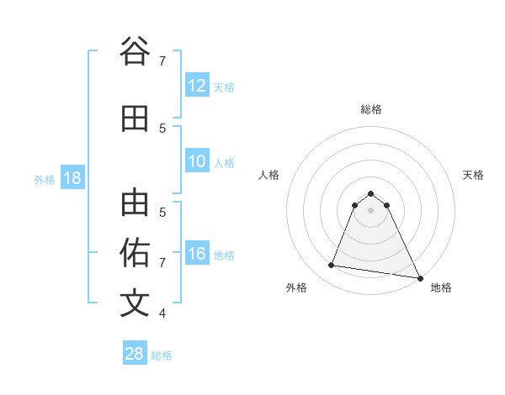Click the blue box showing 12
tap(197, 86)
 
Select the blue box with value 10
tap(197, 162)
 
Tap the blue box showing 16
tap(197, 255)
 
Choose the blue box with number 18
tap(72, 178)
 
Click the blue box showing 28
tap(135, 354)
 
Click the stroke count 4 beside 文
tap(162, 313)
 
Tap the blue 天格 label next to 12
tap(224, 87)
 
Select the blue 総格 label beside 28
tap(162, 355)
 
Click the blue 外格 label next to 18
tap(45, 179)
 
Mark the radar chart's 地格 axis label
tap(441, 288)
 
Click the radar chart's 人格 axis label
tap(268, 175)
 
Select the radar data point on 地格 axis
tap(418, 277)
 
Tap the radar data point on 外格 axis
tap(331, 266)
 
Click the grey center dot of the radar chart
tap(370, 209)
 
